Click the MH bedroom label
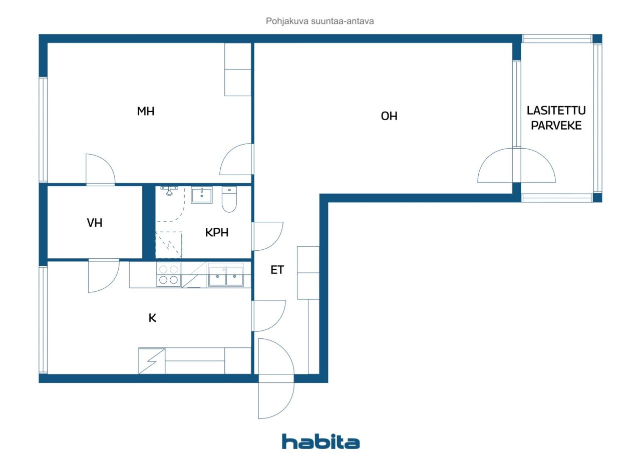(146, 111)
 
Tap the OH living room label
(389, 116)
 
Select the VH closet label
(95, 223)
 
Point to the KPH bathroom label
(217, 232)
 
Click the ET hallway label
(277, 270)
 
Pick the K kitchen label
(152, 318)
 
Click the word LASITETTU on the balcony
(556, 111)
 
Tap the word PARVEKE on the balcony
(556, 126)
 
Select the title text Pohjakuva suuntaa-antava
(319, 21)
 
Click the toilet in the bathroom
(229, 199)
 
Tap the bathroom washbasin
(202, 195)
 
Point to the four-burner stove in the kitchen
(169, 274)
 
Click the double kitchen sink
(226, 274)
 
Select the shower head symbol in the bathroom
(169, 191)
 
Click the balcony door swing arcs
(516, 165)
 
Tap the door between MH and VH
(101, 170)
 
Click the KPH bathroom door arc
(267, 236)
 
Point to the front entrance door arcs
(276, 378)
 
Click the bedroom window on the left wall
(43, 130)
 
